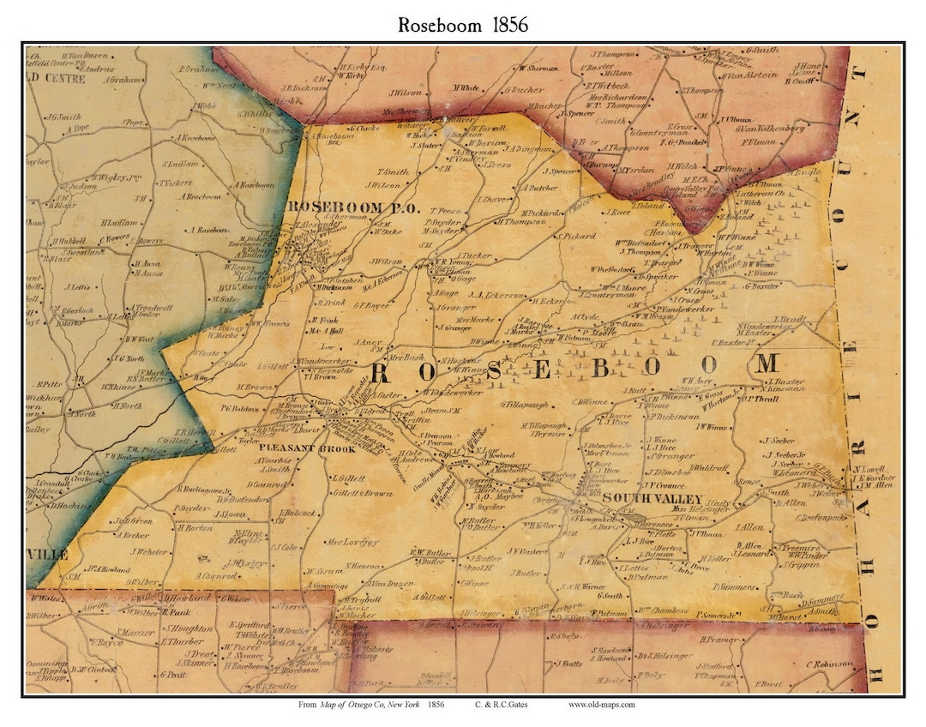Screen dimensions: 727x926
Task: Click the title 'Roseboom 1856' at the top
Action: click(462, 24)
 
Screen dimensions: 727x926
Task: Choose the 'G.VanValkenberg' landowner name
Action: click(770, 128)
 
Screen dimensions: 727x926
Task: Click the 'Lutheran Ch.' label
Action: click(758, 194)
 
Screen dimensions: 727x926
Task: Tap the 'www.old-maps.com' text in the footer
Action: click(601, 705)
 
